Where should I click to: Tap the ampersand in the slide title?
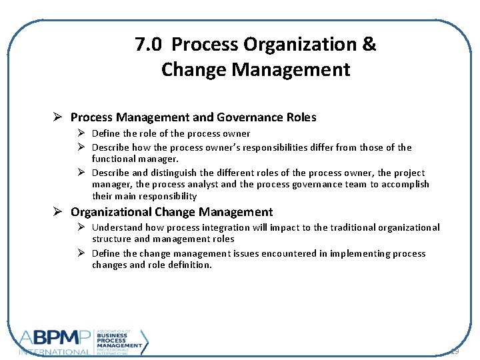coord(369,45)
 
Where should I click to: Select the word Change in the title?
coord(191,69)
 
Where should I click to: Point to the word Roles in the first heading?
coord(300,117)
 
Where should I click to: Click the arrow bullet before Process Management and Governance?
coord(58,117)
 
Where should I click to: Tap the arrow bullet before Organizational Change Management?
coord(58,212)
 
